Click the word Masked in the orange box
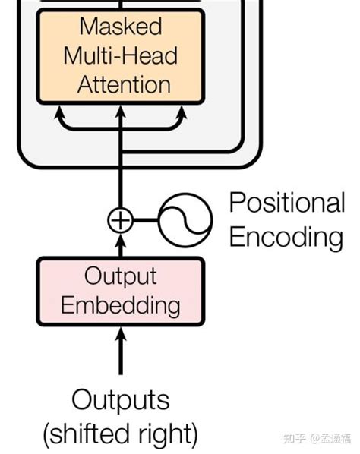tap(121, 27)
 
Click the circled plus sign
tap(120, 221)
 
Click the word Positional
tap(286, 203)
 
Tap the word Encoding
tap(286, 238)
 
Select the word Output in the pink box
tap(120, 276)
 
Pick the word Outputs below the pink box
tap(120, 400)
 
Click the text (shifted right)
tap(120, 435)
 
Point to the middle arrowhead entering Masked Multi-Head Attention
tap(120, 113)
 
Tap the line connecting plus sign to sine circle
tap(147, 221)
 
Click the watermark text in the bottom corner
tap(313, 439)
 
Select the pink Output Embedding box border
tap(38, 291)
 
